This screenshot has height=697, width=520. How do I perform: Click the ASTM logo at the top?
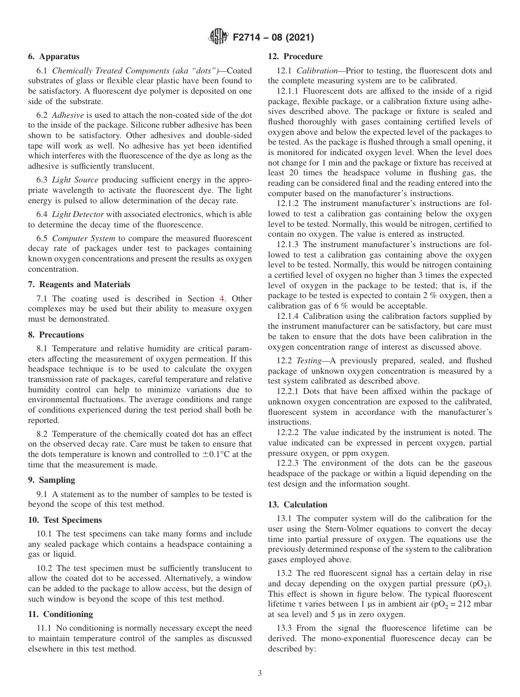point(218,38)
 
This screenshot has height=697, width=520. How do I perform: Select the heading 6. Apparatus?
point(54,56)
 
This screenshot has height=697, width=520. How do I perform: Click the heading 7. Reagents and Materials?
point(79,284)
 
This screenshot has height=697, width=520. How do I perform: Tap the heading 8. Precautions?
point(56,335)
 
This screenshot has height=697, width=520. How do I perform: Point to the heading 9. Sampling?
point(51,480)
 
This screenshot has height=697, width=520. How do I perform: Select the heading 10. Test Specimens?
point(65,520)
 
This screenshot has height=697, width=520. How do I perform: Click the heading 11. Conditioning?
point(60,614)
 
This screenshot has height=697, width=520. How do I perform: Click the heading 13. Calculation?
point(297,505)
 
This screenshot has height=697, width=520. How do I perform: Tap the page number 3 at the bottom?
point(260,673)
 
